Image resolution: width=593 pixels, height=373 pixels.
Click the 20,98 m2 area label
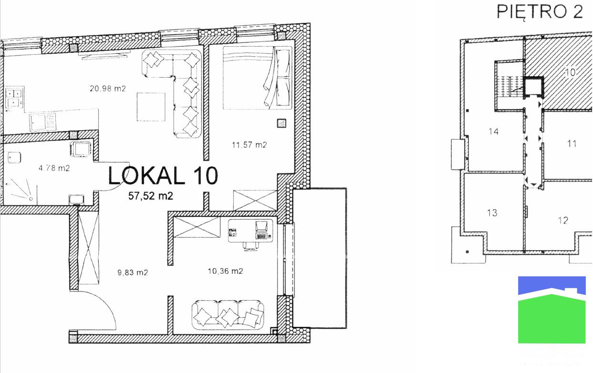[108, 88]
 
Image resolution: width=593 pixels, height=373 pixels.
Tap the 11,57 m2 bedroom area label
[249, 145]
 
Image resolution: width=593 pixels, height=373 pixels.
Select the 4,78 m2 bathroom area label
[54, 168]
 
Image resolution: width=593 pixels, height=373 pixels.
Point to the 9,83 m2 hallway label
[133, 273]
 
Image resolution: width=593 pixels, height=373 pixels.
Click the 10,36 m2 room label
[225, 271]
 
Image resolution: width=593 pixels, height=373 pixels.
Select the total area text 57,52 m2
[150, 195]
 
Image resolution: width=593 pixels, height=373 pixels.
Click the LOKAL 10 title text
[163, 176]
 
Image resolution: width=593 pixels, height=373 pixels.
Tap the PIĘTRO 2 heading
[540, 12]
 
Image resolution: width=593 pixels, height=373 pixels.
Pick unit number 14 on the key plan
[494, 131]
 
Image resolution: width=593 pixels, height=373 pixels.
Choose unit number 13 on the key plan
[492, 212]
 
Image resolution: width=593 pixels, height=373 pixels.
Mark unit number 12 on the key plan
[563, 220]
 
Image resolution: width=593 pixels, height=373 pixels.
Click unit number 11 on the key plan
[572, 143]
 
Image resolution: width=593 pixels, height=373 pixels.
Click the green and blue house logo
[551, 310]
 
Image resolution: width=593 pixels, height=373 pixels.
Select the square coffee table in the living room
[151, 107]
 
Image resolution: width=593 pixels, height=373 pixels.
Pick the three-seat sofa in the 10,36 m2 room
[228, 314]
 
